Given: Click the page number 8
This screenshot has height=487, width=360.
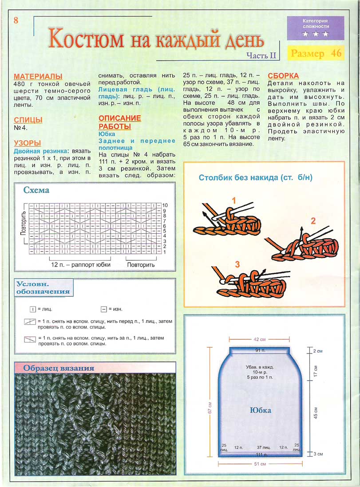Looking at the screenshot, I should tap(16, 20).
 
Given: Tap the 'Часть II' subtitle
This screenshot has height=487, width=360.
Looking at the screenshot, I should tap(261, 55).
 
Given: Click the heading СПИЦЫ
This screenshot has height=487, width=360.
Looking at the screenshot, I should tap(28, 120).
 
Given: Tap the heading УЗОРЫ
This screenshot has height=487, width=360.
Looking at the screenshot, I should tap(28, 143).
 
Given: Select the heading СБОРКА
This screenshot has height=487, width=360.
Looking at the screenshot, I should tap(283, 76).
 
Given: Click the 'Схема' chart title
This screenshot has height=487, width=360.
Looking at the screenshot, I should tap(36, 190).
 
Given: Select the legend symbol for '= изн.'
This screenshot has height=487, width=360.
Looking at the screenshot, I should tap(103, 309).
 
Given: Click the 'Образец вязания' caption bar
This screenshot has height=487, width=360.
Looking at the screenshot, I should tap(59, 368).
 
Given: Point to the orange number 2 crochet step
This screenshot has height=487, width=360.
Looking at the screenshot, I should tap(313, 221).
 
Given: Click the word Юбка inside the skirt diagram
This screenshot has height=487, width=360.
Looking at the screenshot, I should tap(261, 410).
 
